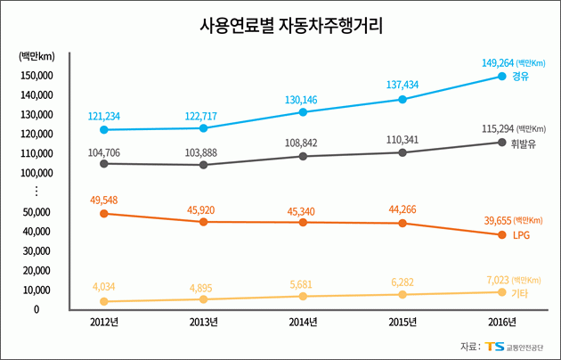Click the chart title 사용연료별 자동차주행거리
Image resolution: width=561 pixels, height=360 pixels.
point(280,25)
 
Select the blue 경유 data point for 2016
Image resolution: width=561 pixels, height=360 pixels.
point(501,77)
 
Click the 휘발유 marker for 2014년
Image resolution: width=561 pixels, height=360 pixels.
point(304,156)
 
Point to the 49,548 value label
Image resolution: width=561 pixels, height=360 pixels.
point(104,200)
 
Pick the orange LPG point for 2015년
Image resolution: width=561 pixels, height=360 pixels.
point(402,223)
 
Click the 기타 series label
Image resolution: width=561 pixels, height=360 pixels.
point(520,293)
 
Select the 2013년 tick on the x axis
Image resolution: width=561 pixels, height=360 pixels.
point(204,323)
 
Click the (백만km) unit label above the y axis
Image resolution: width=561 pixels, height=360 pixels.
point(37,57)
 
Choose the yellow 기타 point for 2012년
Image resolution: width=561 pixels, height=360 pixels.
point(105,302)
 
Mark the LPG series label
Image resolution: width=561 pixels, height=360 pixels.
point(521,235)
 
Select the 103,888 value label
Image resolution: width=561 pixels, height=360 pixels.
point(204,152)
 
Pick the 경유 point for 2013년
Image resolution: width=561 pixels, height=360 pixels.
point(204,128)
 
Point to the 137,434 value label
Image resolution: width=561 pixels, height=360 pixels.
point(402,85)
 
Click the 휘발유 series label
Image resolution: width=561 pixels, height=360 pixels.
point(522,143)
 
